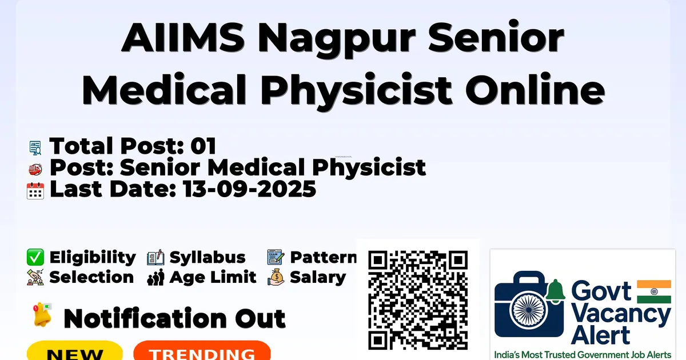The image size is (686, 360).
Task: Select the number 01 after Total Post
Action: (x=203, y=146)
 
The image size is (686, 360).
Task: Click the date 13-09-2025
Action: (x=249, y=189)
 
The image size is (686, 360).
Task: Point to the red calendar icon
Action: (x=35, y=191)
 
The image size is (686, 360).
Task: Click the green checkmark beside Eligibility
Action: (x=35, y=257)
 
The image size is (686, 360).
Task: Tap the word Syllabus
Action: (x=208, y=257)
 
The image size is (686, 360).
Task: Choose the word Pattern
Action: (x=324, y=257)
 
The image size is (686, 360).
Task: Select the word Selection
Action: (x=91, y=277)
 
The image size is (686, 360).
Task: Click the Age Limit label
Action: (x=213, y=277)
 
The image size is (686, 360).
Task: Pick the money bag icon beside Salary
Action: (x=276, y=277)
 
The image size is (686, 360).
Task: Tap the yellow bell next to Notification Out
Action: (x=42, y=314)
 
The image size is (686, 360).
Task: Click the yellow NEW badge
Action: (x=75, y=351)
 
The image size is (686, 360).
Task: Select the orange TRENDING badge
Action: (x=202, y=351)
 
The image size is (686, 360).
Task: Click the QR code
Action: (x=418, y=300)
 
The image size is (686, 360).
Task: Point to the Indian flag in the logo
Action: (x=654, y=291)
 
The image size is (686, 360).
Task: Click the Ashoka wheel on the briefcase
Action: (x=529, y=310)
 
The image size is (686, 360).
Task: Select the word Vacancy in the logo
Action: (x=621, y=315)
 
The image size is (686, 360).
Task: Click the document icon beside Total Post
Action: (x=35, y=148)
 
